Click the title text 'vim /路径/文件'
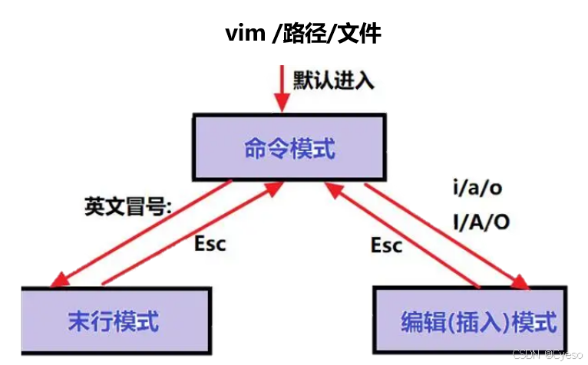coord(303,34)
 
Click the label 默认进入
coord(333,80)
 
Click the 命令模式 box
coord(289,148)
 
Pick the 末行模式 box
coord(115,321)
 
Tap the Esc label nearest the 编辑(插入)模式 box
coord(386,245)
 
